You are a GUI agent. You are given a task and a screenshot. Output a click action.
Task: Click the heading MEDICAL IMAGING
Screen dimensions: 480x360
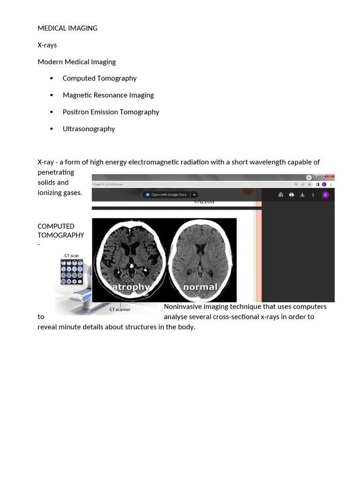[x=67, y=28]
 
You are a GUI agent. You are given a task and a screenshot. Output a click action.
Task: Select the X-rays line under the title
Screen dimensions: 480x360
[x=47, y=45]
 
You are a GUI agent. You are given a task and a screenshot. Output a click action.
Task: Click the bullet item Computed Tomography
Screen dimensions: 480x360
[x=99, y=78]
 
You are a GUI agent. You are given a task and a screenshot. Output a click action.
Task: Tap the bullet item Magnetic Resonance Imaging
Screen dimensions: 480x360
[x=108, y=95]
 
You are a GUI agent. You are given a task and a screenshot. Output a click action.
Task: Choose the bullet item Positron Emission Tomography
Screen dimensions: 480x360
[x=111, y=112]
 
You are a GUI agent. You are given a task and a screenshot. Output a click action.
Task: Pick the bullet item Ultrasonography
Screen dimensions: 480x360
[x=89, y=129]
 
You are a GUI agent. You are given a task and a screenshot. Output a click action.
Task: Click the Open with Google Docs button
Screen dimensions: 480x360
[x=166, y=195]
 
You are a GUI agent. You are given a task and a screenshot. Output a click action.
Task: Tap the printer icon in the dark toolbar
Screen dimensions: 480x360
[x=292, y=195]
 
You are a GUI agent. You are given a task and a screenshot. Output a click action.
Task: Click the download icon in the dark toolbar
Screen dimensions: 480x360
[x=302, y=195]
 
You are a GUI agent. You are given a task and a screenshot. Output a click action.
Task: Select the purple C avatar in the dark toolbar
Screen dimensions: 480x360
[x=325, y=195]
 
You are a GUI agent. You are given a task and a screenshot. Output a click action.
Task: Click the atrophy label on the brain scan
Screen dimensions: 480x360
[x=130, y=286]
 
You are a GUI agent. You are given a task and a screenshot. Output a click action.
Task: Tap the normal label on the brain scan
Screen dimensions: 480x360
[x=200, y=286]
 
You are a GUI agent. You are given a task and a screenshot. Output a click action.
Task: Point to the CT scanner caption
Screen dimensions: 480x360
[x=120, y=309]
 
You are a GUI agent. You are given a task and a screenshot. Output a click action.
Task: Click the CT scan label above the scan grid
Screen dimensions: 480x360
[x=72, y=256]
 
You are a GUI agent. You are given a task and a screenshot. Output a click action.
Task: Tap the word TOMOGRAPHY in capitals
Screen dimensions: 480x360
[x=61, y=235]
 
